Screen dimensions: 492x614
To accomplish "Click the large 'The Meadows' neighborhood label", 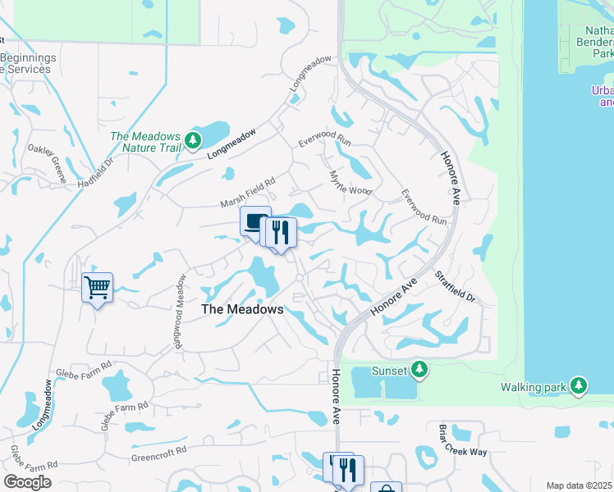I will click(x=242, y=310).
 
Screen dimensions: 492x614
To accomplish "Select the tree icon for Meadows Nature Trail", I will click(x=193, y=141).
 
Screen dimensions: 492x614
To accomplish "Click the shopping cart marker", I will click(x=97, y=288).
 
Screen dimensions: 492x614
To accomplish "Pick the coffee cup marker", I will click(x=255, y=221).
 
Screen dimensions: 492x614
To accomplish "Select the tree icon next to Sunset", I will click(x=419, y=371).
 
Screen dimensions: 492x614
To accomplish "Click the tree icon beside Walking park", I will click(x=580, y=385).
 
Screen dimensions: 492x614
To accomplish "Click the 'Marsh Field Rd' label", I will click(x=246, y=194).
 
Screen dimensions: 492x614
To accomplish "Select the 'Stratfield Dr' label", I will click(x=455, y=288).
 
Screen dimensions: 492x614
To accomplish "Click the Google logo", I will click(x=27, y=481).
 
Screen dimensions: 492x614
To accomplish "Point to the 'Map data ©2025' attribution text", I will click(x=580, y=485).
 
